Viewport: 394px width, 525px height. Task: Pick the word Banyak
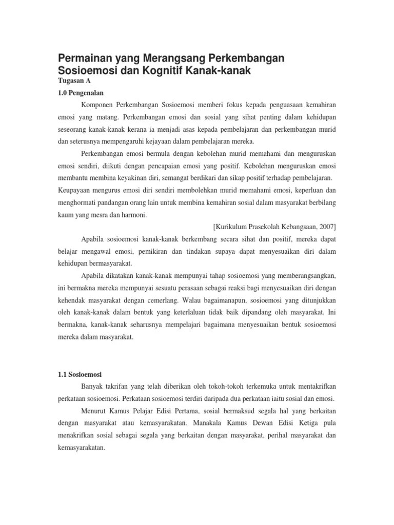pos(91,386)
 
